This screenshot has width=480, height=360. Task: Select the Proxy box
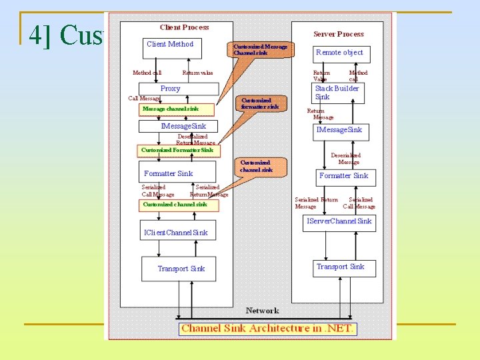[179, 89]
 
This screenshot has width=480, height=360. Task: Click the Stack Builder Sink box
[339, 93]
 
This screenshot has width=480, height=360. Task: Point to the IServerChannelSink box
[339, 222]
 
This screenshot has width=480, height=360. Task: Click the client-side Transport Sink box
[181, 269]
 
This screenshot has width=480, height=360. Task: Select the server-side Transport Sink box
[340, 268]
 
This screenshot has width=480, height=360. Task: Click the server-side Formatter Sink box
[343, 177]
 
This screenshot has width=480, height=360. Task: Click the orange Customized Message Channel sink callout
[261, 49]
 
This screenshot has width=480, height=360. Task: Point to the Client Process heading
[184, 27]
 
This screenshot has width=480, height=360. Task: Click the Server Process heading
[339, 34]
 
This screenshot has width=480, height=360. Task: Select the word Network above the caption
[262, 311]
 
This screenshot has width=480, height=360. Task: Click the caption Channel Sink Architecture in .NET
[267, 328]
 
